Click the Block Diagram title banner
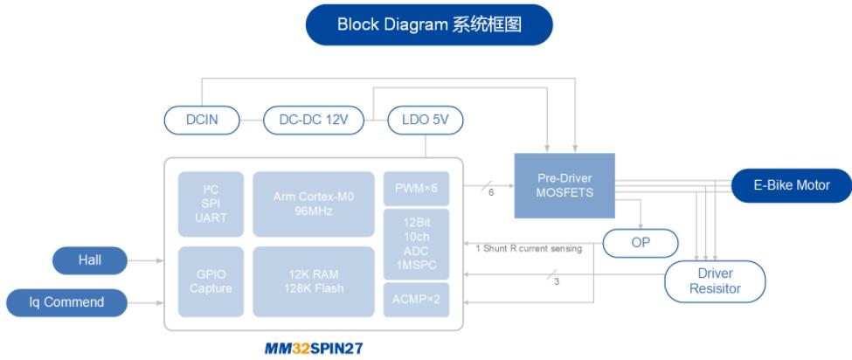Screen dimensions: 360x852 429,24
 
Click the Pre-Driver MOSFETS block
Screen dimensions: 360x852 564,185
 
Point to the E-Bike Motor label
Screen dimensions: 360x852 791,185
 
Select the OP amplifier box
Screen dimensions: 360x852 641,243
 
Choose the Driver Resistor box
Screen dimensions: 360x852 715,280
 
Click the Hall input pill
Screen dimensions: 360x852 89,260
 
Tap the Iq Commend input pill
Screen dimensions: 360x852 66,302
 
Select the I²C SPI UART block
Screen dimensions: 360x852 211,204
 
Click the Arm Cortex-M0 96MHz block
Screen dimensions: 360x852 313,204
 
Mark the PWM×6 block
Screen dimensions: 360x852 416,188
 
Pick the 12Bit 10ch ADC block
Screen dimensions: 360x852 416,243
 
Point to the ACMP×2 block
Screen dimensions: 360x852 416,300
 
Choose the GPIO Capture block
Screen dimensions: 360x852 211,281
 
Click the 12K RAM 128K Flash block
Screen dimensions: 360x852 313,281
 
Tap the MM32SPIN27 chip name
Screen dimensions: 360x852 313,348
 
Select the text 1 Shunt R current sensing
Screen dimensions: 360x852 529,248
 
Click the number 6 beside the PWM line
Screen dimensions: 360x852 491,192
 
